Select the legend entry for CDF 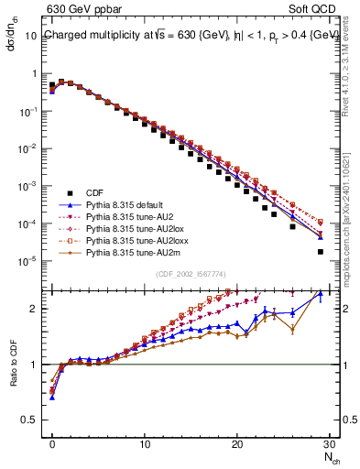coord(94,191)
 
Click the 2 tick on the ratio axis coord(38,309)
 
